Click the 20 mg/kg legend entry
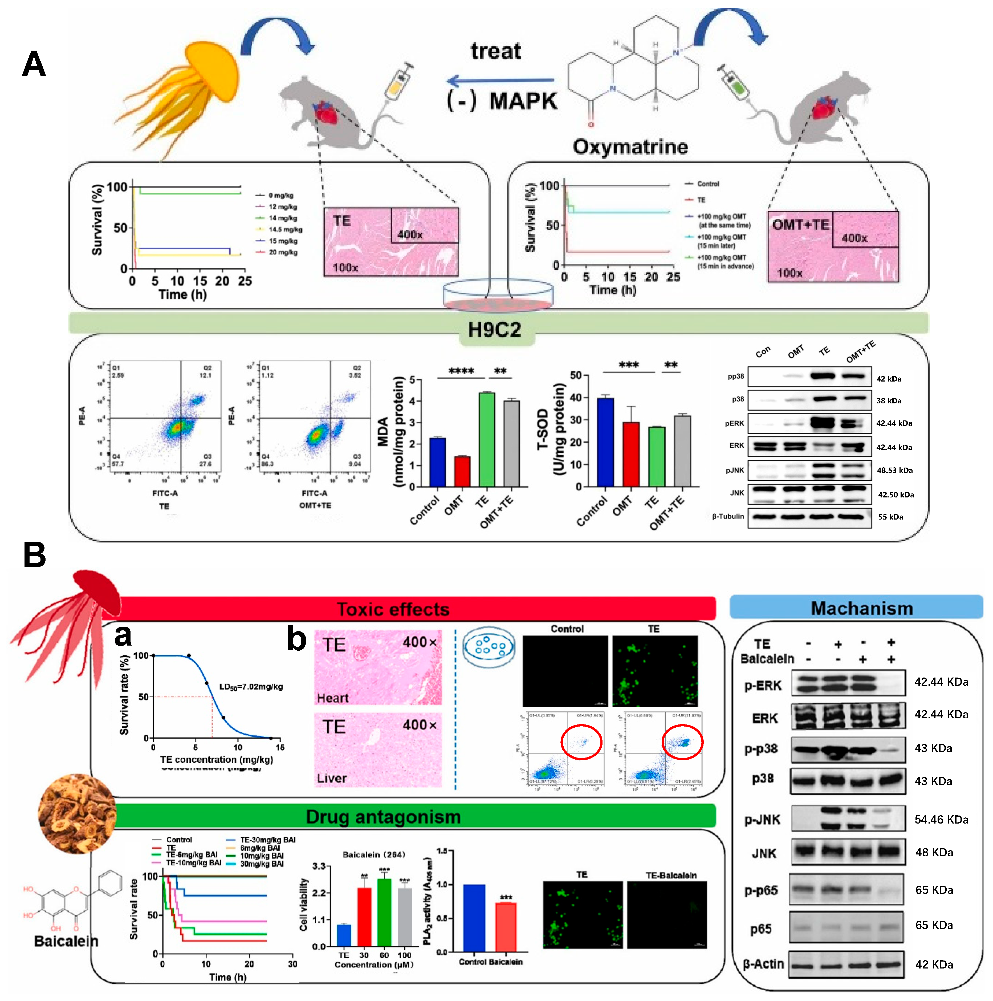[x=282, y=252]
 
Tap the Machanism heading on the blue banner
[x=861, y=608]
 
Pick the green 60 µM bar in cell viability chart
[x=384, y=912]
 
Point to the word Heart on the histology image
[x=333, y=698]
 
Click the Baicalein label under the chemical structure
[x=66, y=940]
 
